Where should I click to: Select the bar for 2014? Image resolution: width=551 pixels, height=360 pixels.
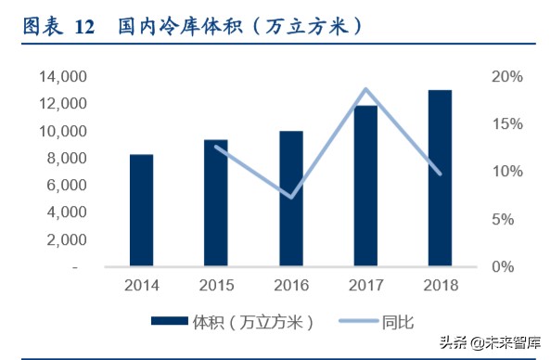(x=141, y=211)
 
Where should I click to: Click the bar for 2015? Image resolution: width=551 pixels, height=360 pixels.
(x=216, y=203)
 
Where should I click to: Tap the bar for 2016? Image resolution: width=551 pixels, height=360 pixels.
(x=291, y=199)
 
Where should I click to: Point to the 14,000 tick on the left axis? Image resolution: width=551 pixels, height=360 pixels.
(x=61, y=77)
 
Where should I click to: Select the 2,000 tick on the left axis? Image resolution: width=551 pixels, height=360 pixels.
(x=65, y=239)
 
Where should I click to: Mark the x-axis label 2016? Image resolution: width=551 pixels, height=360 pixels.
(x=291, y=286)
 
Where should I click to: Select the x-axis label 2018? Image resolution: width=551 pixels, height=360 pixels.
(x=441, y=286)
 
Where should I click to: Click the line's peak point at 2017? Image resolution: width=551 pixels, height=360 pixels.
(x=366, y=89)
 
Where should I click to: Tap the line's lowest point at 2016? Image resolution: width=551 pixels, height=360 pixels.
(x=291, y=197)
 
